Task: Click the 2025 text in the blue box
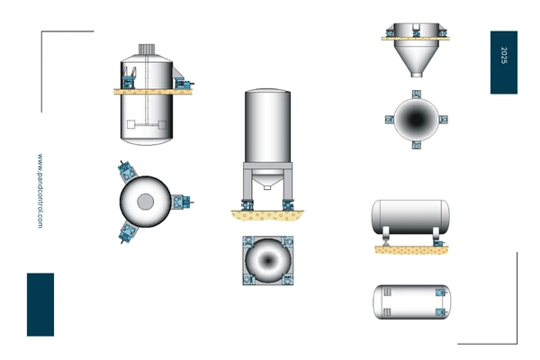pos(504,55)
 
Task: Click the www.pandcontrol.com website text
pos(40,191)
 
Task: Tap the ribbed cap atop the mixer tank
pos(147,49)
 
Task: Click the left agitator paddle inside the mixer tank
pos(130,124)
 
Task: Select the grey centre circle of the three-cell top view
pos(145,202)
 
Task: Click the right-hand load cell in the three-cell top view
pos(181,202)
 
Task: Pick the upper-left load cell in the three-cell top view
pos(127,170)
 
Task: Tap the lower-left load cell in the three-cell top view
pos(127,233)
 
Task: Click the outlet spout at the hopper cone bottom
pos(417,74)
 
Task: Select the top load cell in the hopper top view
pos(417,94)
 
